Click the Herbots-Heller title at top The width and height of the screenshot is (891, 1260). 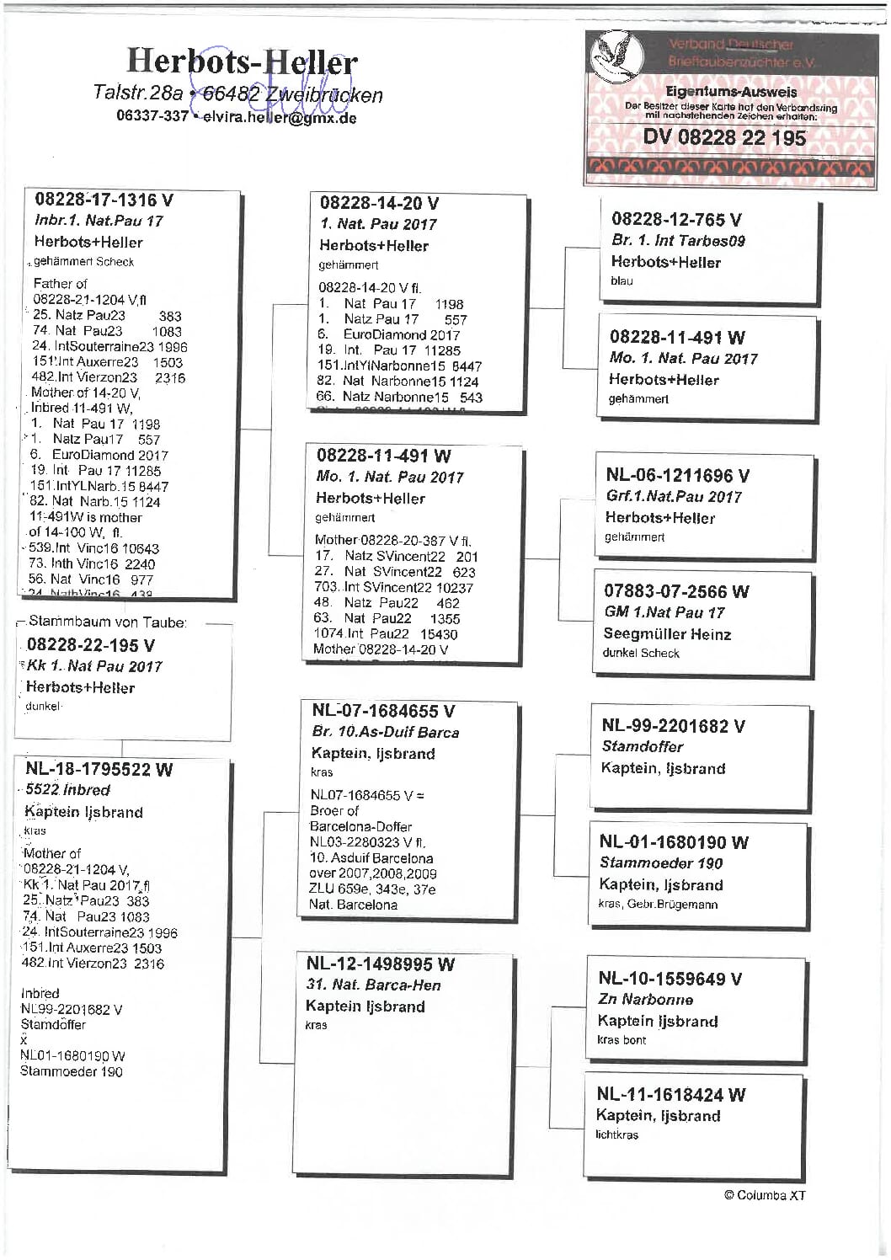[x=242, y=61]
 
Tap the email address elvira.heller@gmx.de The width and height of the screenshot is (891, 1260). [x=280, y=117]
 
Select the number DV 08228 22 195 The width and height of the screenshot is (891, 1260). [x=724, y=137]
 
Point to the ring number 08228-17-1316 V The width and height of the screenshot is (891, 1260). [x=104, y=200]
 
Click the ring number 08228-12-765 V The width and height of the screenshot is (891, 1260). [x=676, y=219]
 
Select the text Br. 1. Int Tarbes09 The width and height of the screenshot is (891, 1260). [x=678, y=240]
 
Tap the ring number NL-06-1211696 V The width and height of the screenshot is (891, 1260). [x=677, y=475]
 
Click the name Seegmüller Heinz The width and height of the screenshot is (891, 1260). [x=667, y=633]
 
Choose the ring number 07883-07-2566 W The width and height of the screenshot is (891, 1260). [x=676, y=591]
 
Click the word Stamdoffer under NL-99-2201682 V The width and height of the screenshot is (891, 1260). [x=643, y=746]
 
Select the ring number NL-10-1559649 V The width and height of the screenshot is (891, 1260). [x=670, y=978]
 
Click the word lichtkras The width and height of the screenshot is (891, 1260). [x=616, y=1135]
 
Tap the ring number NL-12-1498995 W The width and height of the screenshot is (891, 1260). [x=380, y=964]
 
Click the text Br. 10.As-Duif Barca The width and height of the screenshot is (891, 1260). [x=386, y=732]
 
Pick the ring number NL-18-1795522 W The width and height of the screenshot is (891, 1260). [x=99, y=768]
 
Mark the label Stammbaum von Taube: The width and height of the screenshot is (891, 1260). [x=108, y=622]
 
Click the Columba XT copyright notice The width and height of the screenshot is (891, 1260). [x=765, y=1194]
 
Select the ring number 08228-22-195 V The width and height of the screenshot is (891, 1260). [x=91, y=645]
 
